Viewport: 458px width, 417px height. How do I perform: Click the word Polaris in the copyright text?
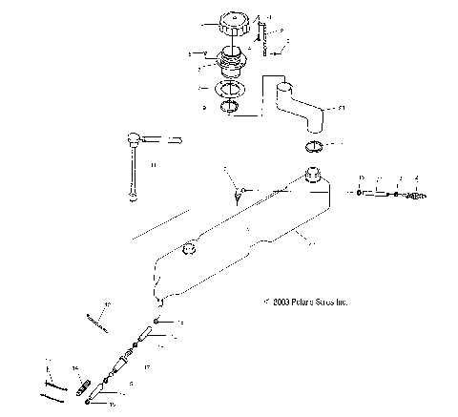pos(304,302)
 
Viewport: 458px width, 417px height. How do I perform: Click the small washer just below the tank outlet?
pos(156,323)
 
